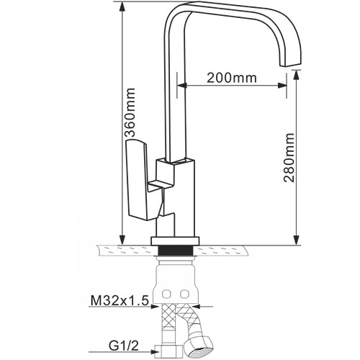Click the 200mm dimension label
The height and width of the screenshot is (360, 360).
[x=232, y=78]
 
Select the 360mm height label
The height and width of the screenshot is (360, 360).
[x=130, y=112]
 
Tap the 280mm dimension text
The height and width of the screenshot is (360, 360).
[x=289, y=158]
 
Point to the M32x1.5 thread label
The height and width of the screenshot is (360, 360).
[x=120, y=300]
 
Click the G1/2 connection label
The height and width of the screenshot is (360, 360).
[x=124, y=346]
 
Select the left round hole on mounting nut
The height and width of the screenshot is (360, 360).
[x=166, y=294]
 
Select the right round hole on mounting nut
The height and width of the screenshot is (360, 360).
[x=184, y=294]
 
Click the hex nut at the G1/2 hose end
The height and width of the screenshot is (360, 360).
[x=168, y=352]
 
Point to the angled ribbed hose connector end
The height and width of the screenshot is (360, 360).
[x=199, y=347]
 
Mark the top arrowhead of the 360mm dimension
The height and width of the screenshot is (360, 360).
[x=122, y=7]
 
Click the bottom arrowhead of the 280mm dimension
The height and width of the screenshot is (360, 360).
[x=297, y=240]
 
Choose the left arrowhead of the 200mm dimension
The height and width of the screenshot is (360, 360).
[x=182, y=85]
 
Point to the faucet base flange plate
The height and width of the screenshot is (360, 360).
[x=175, y=241]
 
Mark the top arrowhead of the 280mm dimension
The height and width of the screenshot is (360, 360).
[x=297, y=75]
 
